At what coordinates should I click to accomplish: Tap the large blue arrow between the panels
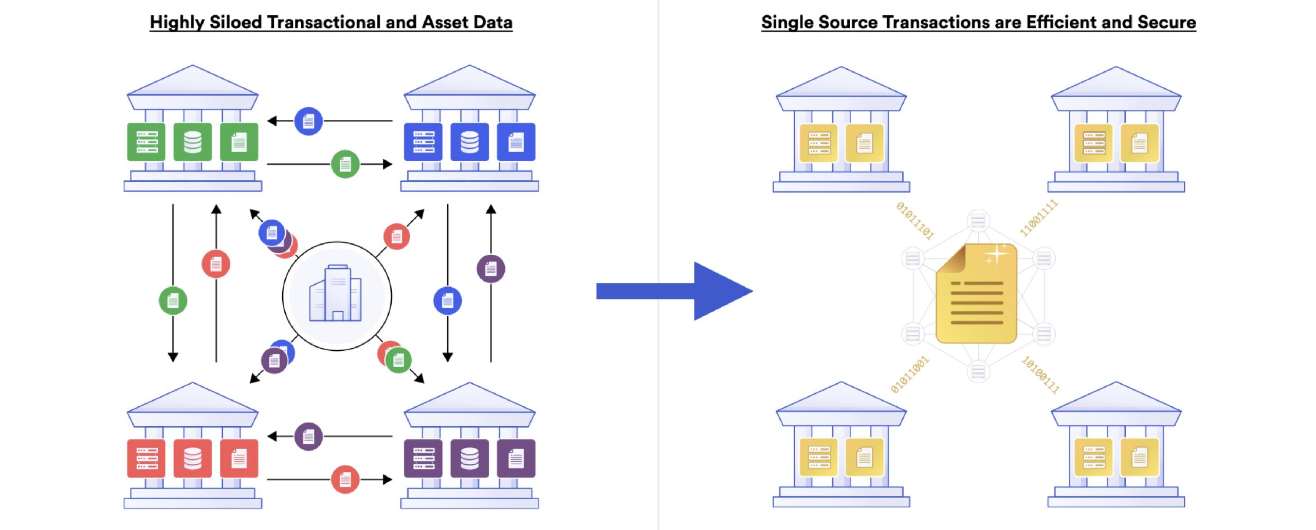(x=674, y=291)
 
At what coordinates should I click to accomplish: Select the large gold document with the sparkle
(x=976, y=293)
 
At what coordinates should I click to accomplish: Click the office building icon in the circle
(x=335, y=293)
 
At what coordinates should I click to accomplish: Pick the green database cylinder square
(x=193, y=142)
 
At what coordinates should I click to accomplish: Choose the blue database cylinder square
(x=469, y=142)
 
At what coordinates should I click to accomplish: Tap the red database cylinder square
(x=193, y=459)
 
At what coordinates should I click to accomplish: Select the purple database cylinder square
(x=469, y=459)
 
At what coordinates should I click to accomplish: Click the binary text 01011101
(x=915, y=221)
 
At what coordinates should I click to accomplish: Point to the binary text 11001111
(x=1039, y=218)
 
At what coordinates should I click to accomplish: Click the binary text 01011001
(x=910, y=374)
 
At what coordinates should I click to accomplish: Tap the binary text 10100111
(x=1040, y=375)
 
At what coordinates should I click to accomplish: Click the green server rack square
(x=147, y=142)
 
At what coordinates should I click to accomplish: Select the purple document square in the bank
(x=516, y=459)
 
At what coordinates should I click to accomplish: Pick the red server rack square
(x=147, y=459)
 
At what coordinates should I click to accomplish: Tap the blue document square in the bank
(x=516, y=142)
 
